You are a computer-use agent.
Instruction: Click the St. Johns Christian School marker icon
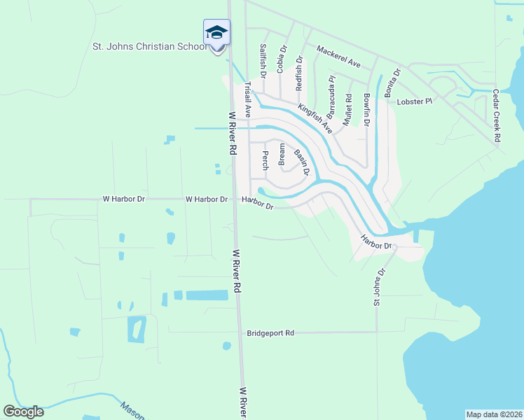[x=216, y=33]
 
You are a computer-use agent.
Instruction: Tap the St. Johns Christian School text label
[x=150, y=47]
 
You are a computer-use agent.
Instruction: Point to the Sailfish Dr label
[x=263, y=60]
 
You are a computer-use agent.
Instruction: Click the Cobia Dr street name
[x=282, y=59]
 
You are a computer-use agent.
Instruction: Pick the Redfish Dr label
[x=300, y=73]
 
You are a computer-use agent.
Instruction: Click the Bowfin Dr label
[x=366, y=109]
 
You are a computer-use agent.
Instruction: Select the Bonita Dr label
[x=392, y=82]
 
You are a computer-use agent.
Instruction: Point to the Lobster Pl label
[x=416, y=101]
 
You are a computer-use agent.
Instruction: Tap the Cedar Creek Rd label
[x=496, y=115]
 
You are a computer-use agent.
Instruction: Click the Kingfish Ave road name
[x=315, y=119]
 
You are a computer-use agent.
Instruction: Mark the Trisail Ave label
[x=247, y=100]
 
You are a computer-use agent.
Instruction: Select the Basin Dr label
[x=301, y=165]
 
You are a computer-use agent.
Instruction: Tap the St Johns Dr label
[x=380, y=287]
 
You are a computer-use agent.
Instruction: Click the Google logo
[x=24, y=411]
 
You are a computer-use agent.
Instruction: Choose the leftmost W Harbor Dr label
[x=123, y=199]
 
